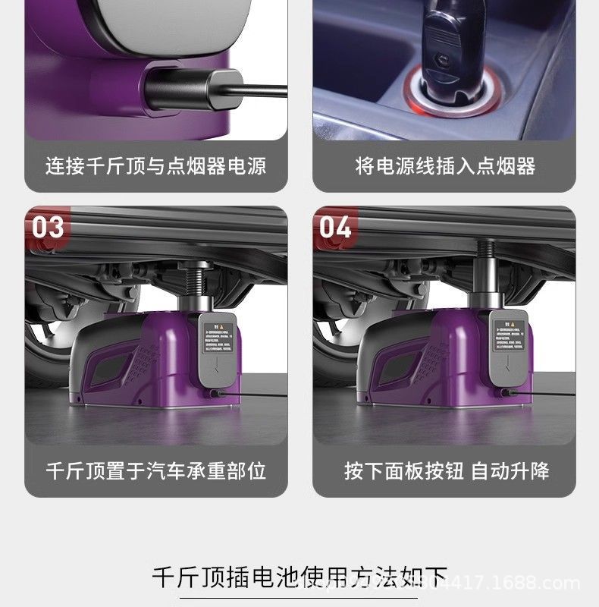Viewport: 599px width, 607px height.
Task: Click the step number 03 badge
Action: pos(48,227)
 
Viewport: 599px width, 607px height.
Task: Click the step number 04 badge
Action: pos(335,227)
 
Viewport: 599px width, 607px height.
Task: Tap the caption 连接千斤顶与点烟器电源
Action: pos(155,165)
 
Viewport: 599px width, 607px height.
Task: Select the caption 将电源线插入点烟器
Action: pos(444,165)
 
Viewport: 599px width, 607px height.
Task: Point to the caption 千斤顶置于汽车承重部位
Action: pos(155,470)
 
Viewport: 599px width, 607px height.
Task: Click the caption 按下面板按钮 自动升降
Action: pos(444,470)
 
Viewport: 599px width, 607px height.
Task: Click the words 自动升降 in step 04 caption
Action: pos(510,470)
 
